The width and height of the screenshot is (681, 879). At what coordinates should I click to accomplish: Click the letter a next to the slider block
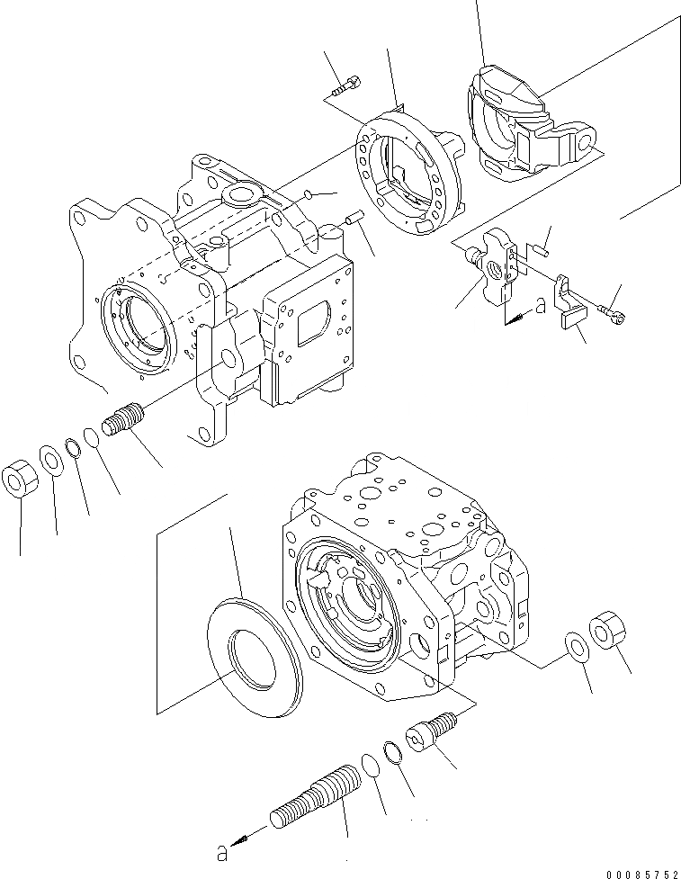click(540, 306)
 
